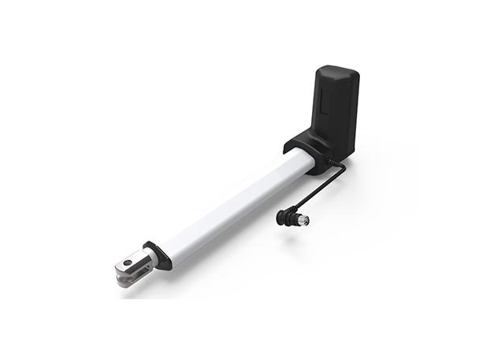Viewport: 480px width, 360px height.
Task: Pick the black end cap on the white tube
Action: point(158,255)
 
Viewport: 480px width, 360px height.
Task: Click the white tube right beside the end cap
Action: point(173,245)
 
